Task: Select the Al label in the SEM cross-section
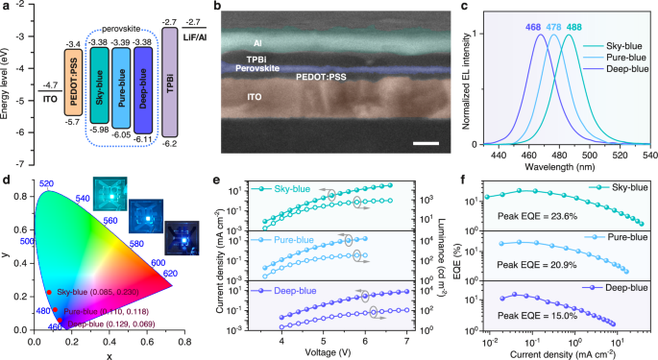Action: click(x=256, y=43)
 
